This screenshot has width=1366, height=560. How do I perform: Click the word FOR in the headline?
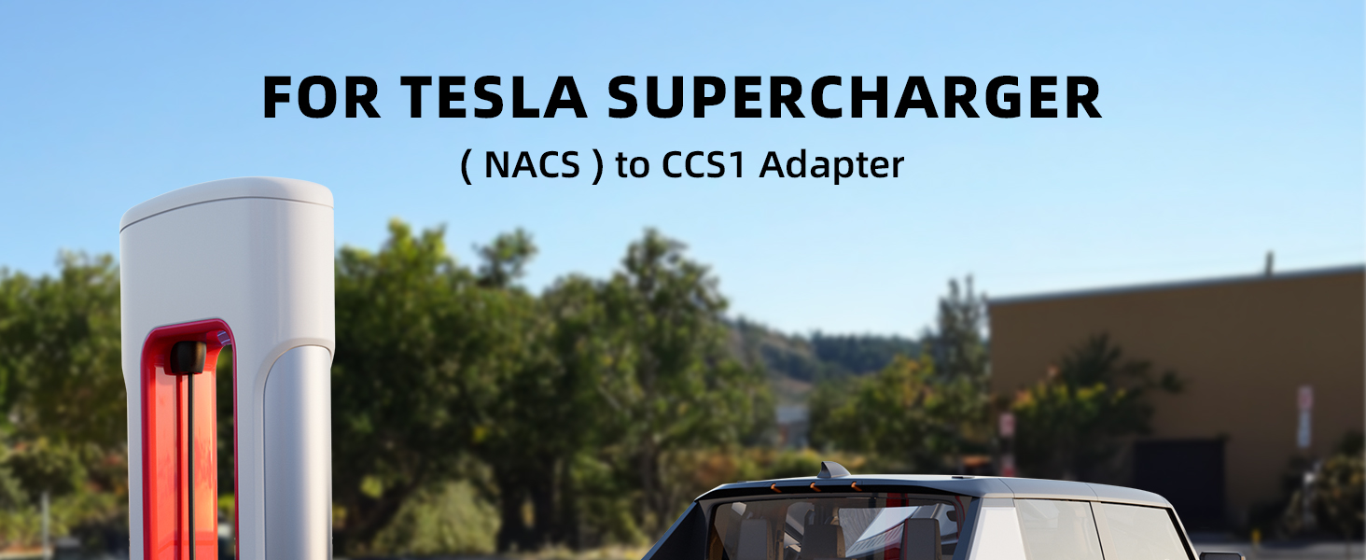(321, 97)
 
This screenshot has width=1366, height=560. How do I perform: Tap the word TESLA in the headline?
(494, 97)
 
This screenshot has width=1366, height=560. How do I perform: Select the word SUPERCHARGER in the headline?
(855, 97)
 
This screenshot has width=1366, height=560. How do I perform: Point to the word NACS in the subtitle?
(532, 164)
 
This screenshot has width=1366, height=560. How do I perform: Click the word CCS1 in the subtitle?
(704, 164)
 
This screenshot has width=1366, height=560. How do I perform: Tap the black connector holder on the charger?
(188, 357)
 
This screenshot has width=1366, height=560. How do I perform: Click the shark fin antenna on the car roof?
(832, 469)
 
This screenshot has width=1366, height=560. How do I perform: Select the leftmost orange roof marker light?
(775, 488)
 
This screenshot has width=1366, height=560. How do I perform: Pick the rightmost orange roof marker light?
(856, 486)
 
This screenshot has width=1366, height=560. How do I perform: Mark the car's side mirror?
(1220, 555)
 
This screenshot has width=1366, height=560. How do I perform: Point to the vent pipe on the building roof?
(1269, 263)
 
